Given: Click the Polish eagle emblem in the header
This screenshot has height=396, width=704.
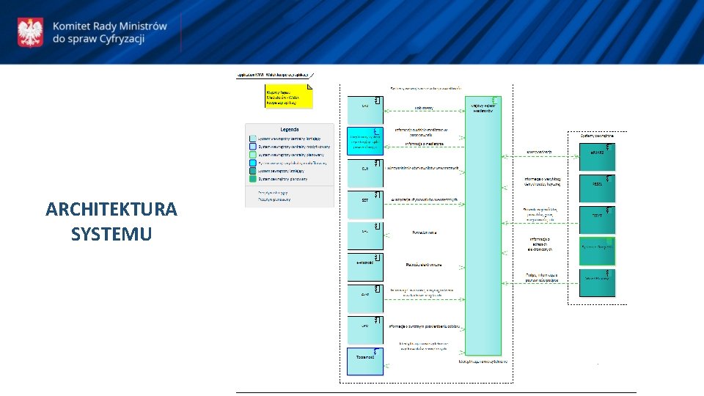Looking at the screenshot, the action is point(30,32).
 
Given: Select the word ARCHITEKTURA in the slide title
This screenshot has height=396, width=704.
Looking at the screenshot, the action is point(111,210).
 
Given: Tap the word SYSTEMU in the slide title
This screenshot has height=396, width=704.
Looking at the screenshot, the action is point(111,234).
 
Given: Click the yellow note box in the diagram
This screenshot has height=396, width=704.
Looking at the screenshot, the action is point(289,96).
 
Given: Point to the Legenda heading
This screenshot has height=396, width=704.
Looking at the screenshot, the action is point(289,129).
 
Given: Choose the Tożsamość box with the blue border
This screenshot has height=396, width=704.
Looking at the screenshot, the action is point(364,361).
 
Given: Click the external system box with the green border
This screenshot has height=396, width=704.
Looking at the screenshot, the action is point(597,251).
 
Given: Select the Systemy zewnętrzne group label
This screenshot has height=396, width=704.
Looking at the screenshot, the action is point(602,136).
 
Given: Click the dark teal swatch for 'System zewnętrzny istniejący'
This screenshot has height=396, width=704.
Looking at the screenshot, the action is point(253,170).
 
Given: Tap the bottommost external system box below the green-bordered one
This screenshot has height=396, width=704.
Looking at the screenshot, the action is point(597,282).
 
